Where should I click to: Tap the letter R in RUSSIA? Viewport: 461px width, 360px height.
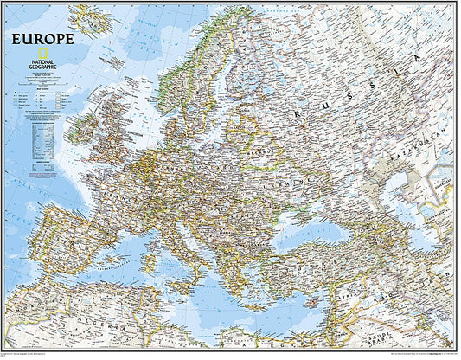298,113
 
